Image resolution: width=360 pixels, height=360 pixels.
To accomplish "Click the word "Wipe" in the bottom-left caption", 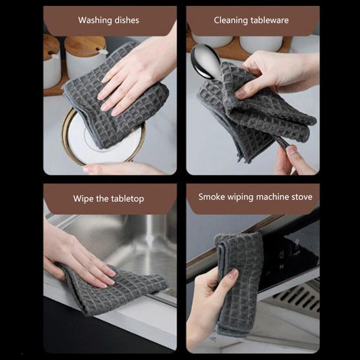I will [83, 198].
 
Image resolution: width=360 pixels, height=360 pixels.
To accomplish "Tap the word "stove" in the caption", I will [301, 197].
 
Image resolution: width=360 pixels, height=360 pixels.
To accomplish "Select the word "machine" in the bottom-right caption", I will [272, 197].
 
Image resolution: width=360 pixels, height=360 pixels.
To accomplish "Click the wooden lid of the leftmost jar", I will [50, 47].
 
